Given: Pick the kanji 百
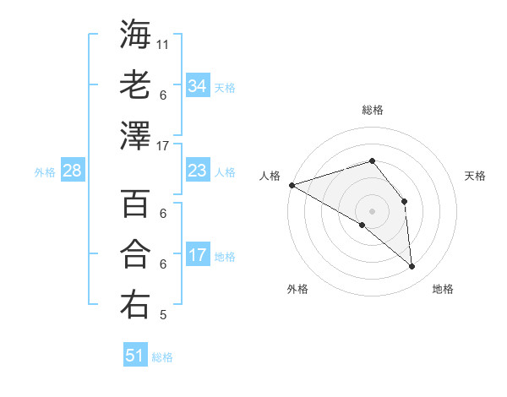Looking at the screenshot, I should click(x=135, y=204).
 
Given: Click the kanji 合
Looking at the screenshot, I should click(x=135, y=254).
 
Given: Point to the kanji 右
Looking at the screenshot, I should click(x=135, y=305).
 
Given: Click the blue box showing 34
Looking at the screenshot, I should click(x=197, y=86).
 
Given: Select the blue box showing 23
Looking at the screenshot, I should click(x=197, y=171).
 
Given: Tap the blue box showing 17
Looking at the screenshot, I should click(x=197, y=256).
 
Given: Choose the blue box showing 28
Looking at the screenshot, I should click(x=72, y=171).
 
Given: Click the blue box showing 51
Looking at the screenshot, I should click(x=134, y=356).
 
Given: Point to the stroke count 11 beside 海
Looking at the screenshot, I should click(x=163, y=43).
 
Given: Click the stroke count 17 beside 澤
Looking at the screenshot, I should click(x=163, y=145).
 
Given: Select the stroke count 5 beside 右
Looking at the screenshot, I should click(x=163, y=316).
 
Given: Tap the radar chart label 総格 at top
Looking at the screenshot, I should click(x=372, y=110).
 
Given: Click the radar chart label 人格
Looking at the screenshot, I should click(x=270, y=176).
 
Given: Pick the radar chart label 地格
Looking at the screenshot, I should click(x=443, y=289).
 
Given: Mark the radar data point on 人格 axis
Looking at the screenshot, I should click(x=292, y=184).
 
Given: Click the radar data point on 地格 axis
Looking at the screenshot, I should click(x=412, y=267).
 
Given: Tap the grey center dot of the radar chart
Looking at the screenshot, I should click(x=372, y=210).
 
